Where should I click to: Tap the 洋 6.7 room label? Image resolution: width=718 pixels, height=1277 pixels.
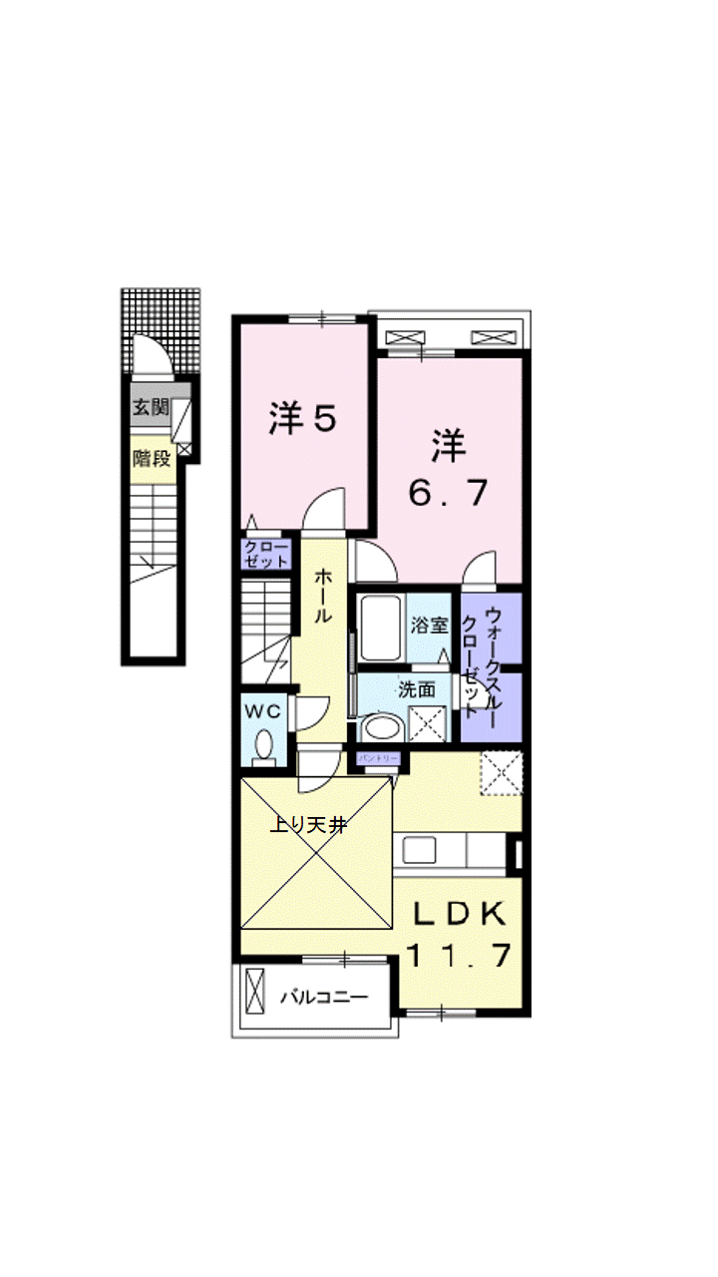coord(450,469)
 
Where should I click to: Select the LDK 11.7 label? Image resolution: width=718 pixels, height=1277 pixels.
coord(460,935)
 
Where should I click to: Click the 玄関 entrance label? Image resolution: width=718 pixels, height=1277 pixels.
coord(152,407)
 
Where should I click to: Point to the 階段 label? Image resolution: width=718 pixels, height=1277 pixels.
coord(152,459)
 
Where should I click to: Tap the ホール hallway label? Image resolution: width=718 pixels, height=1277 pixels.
coord(324,596)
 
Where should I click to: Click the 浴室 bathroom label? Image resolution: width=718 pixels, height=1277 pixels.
coord(430,626)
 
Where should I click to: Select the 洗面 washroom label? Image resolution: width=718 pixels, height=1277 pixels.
coord(417,688)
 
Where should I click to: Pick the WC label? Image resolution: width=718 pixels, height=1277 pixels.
coord(263,710)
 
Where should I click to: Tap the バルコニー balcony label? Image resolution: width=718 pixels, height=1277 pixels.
coord(323,997)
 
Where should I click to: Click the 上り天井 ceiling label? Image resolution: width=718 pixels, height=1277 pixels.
coord(310,825)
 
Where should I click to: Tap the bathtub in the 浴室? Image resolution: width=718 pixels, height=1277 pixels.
coord(380,628)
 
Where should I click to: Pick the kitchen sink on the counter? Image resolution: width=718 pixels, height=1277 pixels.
coord(419,851)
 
